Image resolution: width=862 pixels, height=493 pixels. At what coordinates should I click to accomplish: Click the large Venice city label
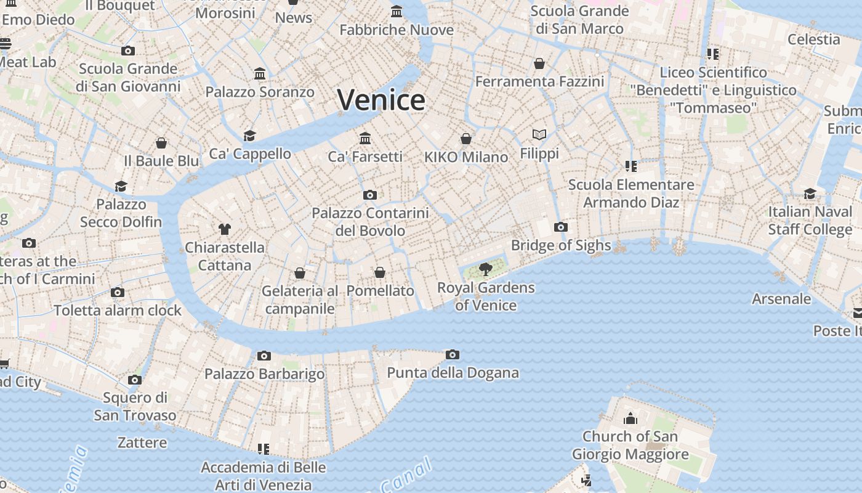pyautogui.click(x=381, y=100)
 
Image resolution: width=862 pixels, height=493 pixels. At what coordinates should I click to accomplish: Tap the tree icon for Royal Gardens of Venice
pyautogui.click(x=485, y=269)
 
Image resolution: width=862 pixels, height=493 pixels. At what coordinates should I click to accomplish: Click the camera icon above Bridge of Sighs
pyautogui.click(x=560, y=227)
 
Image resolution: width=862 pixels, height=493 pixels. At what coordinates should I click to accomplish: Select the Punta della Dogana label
pyautogui.click(x=453, y=373)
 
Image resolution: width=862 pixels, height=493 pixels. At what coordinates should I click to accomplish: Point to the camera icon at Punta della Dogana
pyautogui.click(x=453, y=354)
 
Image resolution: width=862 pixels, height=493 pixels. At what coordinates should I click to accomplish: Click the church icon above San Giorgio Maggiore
pyautogui.click(x=630, y=419)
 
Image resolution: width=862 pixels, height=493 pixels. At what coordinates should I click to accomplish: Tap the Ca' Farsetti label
pyautogui.click(x=365, y=157)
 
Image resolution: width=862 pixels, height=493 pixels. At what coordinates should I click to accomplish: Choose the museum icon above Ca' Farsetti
pyautogui.click(x=365, y=138)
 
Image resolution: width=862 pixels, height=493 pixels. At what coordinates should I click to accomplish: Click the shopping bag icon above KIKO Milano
pyautogui.click(x=466, y=139)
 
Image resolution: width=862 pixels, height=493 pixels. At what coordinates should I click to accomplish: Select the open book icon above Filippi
pyautogui.click(x=539, y=134)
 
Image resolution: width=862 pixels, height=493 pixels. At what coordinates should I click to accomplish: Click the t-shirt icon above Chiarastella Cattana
pyautogui.click(x=224, y=229)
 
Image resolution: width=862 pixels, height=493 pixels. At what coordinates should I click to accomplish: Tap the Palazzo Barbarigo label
pyautogui.click(x=264, y=374)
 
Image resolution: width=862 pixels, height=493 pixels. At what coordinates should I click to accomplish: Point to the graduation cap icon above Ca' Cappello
pyautogui.click(x=249, y=136)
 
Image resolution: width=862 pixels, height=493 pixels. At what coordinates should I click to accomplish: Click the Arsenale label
pyautogui.click(x=781, y=299)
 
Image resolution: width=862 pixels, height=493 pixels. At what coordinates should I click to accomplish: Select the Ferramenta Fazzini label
pyautogui.click(x=539, y=81)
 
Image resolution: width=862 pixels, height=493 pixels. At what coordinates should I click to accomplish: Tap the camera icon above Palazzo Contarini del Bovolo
pyautogui.click(x=369, y=195)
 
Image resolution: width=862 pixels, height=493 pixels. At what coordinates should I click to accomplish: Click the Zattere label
pyautogui.click(x=142, y=442)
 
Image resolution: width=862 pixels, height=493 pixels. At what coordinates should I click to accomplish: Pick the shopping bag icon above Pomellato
pyautogui.click(x=380, y=272)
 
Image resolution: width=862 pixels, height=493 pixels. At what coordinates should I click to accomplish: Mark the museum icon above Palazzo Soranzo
pyautogui.click(x=260, y=74)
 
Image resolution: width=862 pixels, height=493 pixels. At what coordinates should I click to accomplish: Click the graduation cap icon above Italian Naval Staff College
pyautogui.click(x=810, y=194)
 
